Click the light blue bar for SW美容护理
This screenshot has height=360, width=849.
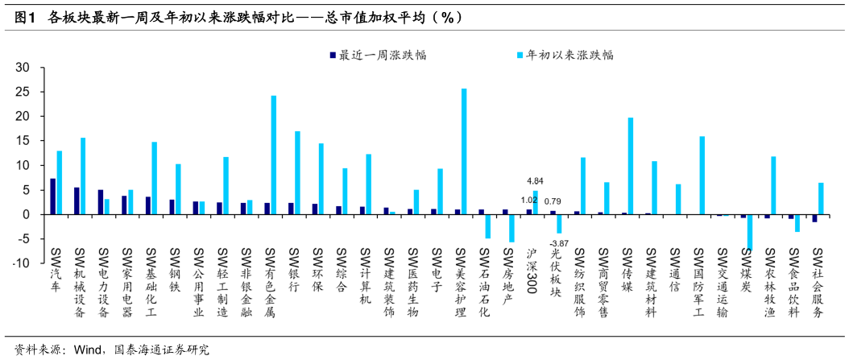(x=464, y=151)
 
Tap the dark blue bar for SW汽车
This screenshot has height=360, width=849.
(x=53, y=197)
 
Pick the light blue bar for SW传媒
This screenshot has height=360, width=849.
(x=631, y=166)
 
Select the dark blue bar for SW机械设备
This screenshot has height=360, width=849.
(x=77, y=201)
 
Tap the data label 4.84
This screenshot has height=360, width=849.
(x=536, y=180)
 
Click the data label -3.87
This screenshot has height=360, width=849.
(x=560, y=243)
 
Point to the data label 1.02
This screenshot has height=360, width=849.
(x=529, y=200)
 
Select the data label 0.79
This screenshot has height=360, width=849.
(x=553, y=201)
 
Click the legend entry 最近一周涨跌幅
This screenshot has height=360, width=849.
(x=378, y=56)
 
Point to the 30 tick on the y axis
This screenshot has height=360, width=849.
(x=23, y=68)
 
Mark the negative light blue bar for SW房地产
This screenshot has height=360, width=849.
(x=511, y=228)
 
